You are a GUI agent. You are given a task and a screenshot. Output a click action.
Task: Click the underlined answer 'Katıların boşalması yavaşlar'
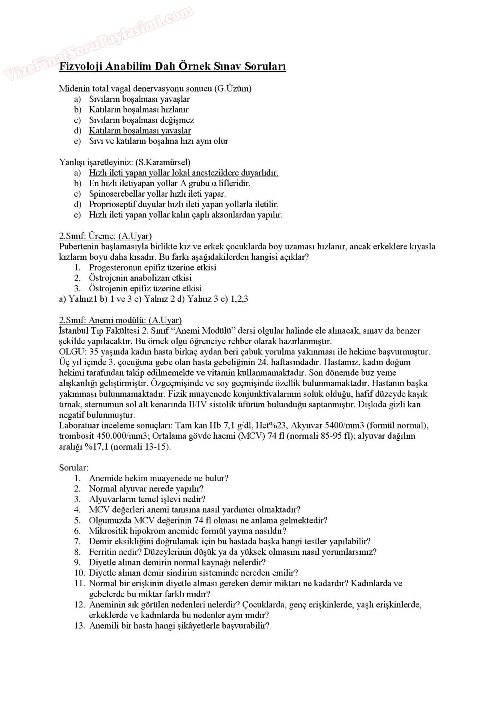pyautogui.click(x=140, y=130)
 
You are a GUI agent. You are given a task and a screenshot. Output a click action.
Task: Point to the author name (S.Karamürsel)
pyautogui.click(x=163, y=162)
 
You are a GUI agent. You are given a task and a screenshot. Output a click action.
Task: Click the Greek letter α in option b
pyautogui.click(x=214, y=183)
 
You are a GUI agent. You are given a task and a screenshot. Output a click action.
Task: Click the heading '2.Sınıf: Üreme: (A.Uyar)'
pyautogui.click(x=105, y=236)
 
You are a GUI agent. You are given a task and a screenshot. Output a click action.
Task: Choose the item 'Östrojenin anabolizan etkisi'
pyautogui.click(x=140, y=278)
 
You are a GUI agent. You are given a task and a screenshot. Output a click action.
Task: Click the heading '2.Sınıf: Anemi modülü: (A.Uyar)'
pyautogui.click(x=120, y=320)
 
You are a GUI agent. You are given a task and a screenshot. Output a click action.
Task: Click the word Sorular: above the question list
pyautogui.click(x=74, y=467)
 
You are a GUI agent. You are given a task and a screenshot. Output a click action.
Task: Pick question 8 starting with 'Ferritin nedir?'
pyautogui.click(x=232, y=552)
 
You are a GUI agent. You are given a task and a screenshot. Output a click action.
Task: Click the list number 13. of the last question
pyautogui.click(x=79, y=625)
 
